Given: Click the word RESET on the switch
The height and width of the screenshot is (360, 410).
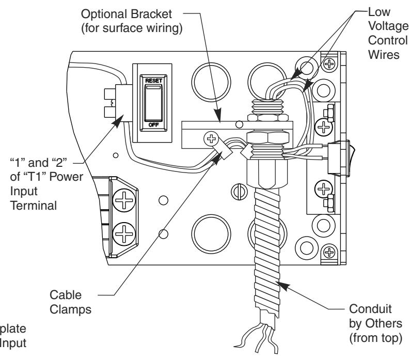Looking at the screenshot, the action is pyautogui.click(x=153, y=81).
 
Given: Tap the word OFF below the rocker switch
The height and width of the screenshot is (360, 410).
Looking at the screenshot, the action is pyautogui.click(x=153, y=125).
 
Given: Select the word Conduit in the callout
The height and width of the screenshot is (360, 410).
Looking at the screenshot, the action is pyautogui.click(x=370, y=309).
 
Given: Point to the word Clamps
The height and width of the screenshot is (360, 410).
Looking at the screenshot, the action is pyautogui.click(x=70, y=310).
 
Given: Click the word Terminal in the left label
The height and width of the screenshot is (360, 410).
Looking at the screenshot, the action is pyautogui.click(x=33, y=206).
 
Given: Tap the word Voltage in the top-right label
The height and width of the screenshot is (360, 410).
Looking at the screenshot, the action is pyautogui.click(x=388, y=26).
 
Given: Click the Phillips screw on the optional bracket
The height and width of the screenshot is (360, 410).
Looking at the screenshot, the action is pyautogui.click(x=211, y=138).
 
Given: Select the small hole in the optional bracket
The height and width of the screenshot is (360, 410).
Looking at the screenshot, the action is pyautogui.click(x=239, y=124).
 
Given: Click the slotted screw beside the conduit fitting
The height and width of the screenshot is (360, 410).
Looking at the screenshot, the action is pyautogui.click(x=239, y=192).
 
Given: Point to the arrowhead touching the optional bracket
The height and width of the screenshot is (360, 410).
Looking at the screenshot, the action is pyautogui.click(x=218, y=115).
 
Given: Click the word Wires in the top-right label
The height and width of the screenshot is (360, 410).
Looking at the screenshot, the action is pyautogui.click(x=384, y=55).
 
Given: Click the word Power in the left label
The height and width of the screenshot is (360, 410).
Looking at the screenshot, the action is pyautogui.click(x=65, y=177).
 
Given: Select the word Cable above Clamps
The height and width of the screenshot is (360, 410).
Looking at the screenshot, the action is pyautogui.click(x=66, y=295).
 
